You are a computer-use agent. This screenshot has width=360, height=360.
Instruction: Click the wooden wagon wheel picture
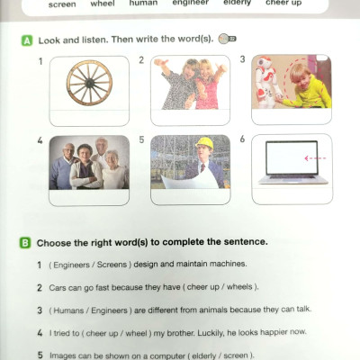(x=89, y=83)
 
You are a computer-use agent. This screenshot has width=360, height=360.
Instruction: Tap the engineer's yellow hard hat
(x=204, y=143)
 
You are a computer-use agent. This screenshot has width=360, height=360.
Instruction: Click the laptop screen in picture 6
(x=292, y=157)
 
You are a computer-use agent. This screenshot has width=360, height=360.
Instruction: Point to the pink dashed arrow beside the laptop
(x=315, y=158)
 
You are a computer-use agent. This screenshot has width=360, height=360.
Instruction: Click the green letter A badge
(x=27, y=40)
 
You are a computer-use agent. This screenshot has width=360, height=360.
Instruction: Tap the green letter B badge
(x=25, y=243)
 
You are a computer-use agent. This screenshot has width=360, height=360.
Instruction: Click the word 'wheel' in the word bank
(x=103, y=4)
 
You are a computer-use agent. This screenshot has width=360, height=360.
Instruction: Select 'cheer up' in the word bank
(x=283, y=4)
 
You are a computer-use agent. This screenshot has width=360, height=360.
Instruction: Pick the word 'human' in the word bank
(x=143, y=4)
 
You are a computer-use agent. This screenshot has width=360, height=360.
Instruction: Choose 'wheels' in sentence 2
(x=239, y=287)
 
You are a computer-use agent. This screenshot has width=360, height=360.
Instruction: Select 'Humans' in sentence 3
(x=68, y=310)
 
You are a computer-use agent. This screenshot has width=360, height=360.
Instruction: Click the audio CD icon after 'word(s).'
(x=227, y=39)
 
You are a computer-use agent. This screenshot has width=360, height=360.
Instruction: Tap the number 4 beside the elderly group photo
(x=40, y=140)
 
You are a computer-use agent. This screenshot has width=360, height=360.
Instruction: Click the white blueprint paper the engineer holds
(x=190, y=181)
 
